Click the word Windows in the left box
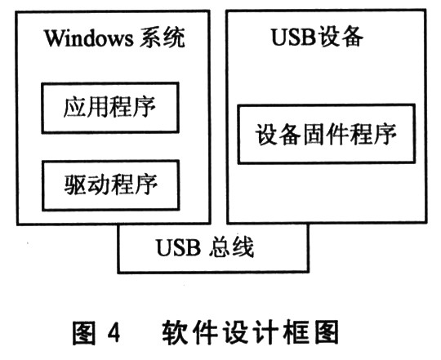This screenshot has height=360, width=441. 88,38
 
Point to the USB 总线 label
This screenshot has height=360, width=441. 205,247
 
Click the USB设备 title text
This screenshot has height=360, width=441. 317,37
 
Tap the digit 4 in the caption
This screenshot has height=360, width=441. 114,333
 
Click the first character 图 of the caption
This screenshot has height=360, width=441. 84,332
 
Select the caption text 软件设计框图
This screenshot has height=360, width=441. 251,332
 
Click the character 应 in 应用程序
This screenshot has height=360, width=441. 74,107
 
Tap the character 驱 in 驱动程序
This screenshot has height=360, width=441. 75,184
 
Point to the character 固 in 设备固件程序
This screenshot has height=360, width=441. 314,134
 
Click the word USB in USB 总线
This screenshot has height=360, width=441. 178,247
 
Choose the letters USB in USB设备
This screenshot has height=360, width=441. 293,37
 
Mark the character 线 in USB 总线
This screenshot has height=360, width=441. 243,247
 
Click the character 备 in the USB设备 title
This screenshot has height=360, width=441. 352,37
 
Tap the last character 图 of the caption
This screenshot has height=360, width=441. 327,332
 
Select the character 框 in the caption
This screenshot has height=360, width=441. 297,332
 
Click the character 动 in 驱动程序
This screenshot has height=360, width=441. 99,184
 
